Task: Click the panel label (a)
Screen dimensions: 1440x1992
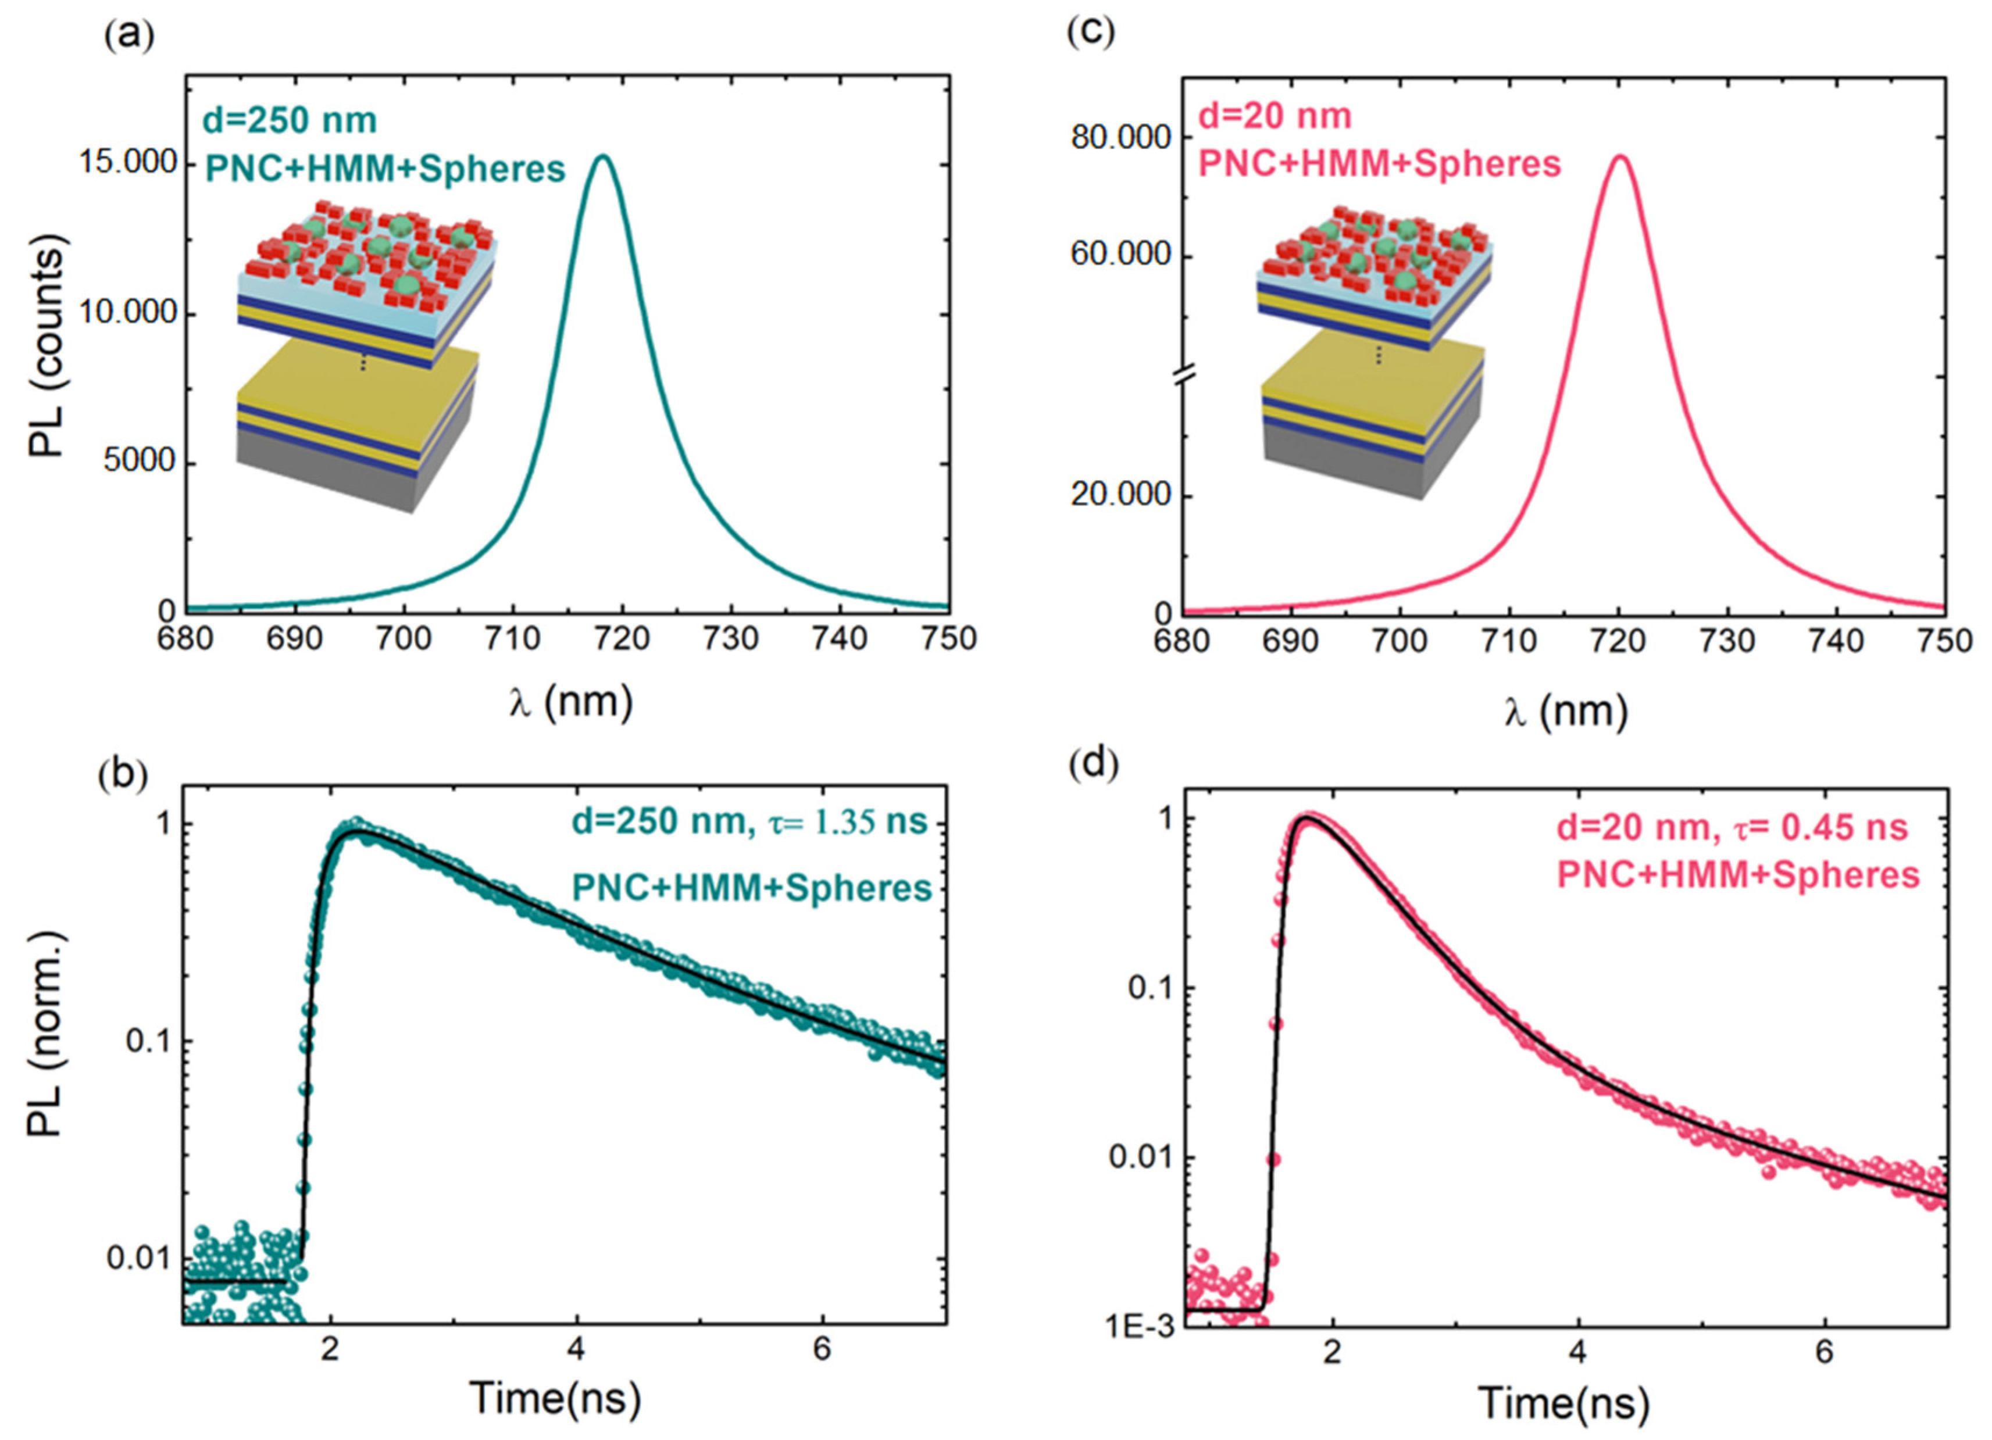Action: tap(129, 36)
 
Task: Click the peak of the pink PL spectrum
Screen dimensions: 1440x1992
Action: tap(1620, 157)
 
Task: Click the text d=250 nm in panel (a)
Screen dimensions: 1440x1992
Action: tap(290, 120)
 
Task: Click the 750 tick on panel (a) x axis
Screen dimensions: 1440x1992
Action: tap(948, 638)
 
